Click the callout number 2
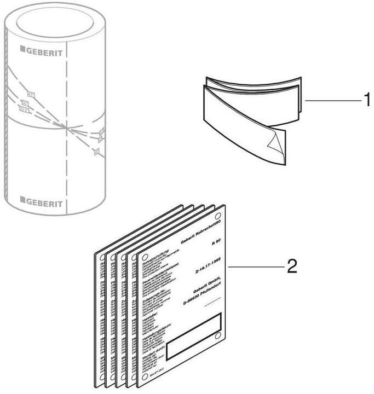[292, 266]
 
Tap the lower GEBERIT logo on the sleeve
[43, 200]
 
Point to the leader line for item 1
[331, 100]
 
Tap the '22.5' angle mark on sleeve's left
[24, 110]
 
